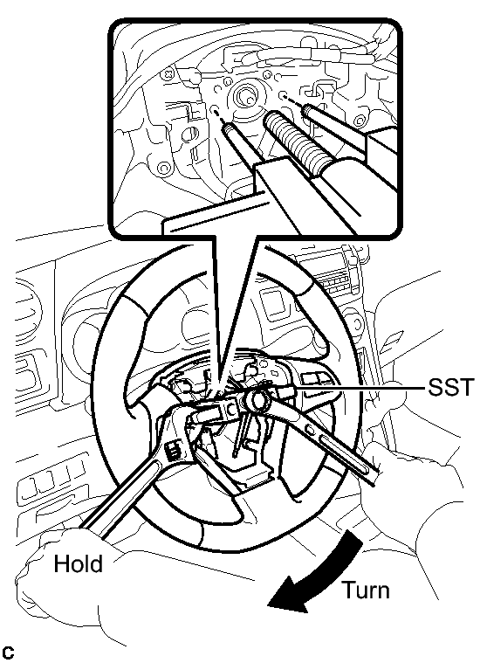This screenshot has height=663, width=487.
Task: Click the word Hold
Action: (79, 564)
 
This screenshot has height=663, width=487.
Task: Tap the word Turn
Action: (366, 590)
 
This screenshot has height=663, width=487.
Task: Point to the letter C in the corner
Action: (8, 653)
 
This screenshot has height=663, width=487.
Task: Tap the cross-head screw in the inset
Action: (169, 74)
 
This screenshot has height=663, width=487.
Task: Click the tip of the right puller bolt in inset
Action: (306, 109)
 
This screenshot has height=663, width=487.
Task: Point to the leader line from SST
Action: (360, 387)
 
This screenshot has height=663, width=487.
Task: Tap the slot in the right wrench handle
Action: (346, 453)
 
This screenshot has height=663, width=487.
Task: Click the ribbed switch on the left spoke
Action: (174, 450)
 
